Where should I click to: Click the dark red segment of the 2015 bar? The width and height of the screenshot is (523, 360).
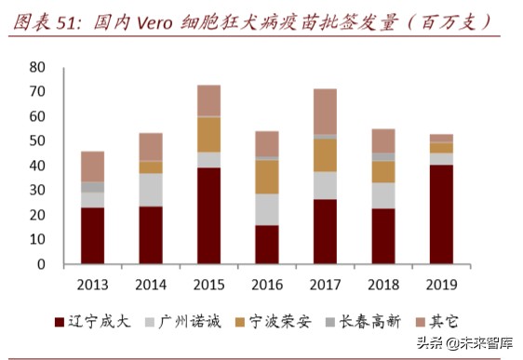click(x=209, y=216)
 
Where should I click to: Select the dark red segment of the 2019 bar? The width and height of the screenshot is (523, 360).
click(x=441, y=214)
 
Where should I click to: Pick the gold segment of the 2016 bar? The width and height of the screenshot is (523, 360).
click(x=267, y=177)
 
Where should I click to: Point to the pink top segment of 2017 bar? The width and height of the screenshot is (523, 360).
click(x=325, y=112)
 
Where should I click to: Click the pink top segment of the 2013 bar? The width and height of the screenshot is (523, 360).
click(x=93, y=167)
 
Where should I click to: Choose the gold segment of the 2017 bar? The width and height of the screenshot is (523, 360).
click(x=325, y=155)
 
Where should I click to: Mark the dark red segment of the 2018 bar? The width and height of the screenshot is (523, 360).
click(x=383, y=236)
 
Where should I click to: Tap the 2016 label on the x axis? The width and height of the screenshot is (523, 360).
click(x=267, y=283)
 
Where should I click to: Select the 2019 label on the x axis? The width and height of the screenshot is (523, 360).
click(x=441, y=283)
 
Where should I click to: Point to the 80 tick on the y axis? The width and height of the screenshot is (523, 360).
click(x=37, y=68)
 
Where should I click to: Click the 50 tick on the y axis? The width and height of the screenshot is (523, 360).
click(x=37, y=141)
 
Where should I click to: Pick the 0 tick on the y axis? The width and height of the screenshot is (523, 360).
click(x=41, y=264)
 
